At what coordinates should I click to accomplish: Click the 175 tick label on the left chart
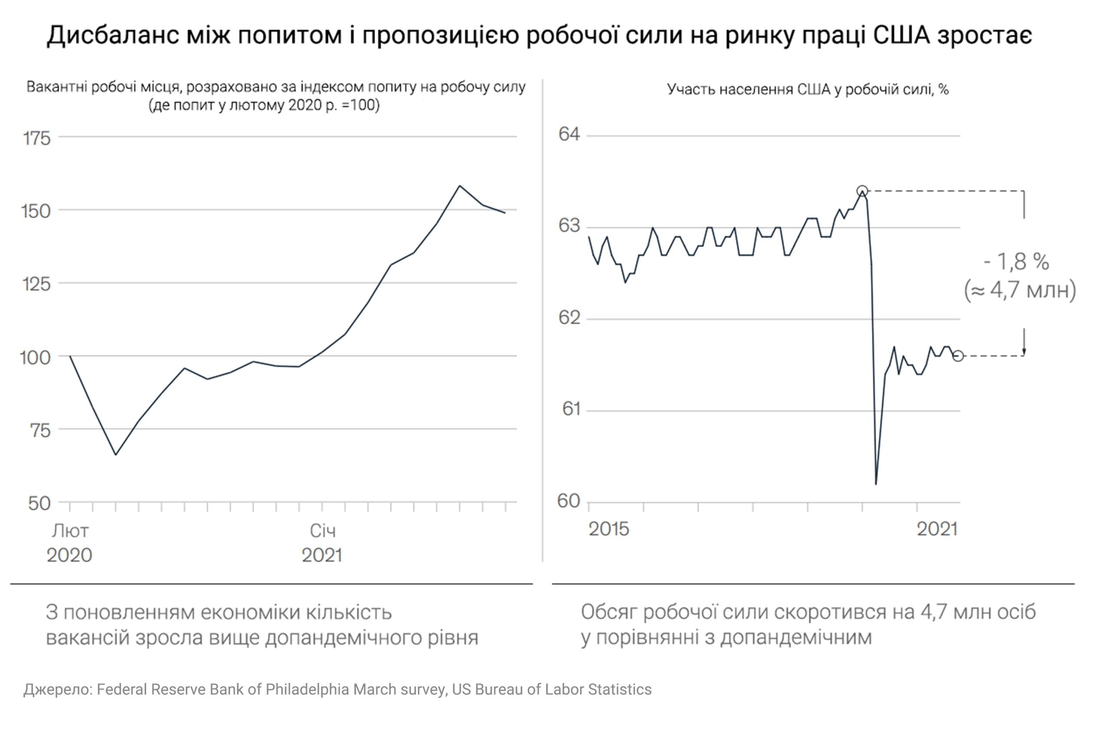click(37, 138)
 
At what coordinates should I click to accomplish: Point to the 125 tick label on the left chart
click(37, 284)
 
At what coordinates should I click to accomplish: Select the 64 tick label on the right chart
click(569, 135)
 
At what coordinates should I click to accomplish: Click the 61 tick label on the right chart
click(571, 409)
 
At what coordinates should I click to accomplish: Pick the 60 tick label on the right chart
click(569, 501)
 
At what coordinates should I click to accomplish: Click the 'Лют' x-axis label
click(70, 531)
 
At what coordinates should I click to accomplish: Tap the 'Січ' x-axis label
click(322, 531)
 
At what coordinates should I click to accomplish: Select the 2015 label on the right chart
click(609, 529)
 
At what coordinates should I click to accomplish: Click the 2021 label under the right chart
click(937, 529)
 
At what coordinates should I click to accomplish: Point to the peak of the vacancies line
click(460, 186)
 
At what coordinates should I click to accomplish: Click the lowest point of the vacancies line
click(116, 455)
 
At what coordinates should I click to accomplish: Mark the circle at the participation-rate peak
click(862, 191)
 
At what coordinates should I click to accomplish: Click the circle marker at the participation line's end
click(957, 356)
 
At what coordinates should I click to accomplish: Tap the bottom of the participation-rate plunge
click(876, 484)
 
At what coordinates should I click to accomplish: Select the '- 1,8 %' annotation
click(1016, 262)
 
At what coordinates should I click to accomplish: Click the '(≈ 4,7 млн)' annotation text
click(1020, 291)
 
